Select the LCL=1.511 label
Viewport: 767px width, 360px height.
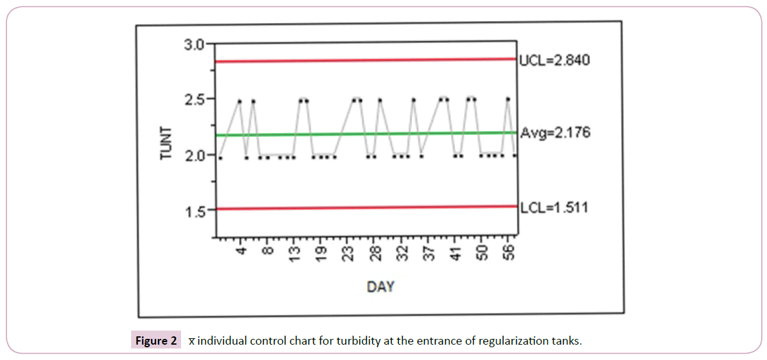tap(553, 208)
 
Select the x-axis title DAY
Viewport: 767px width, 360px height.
tap(381, 286)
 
